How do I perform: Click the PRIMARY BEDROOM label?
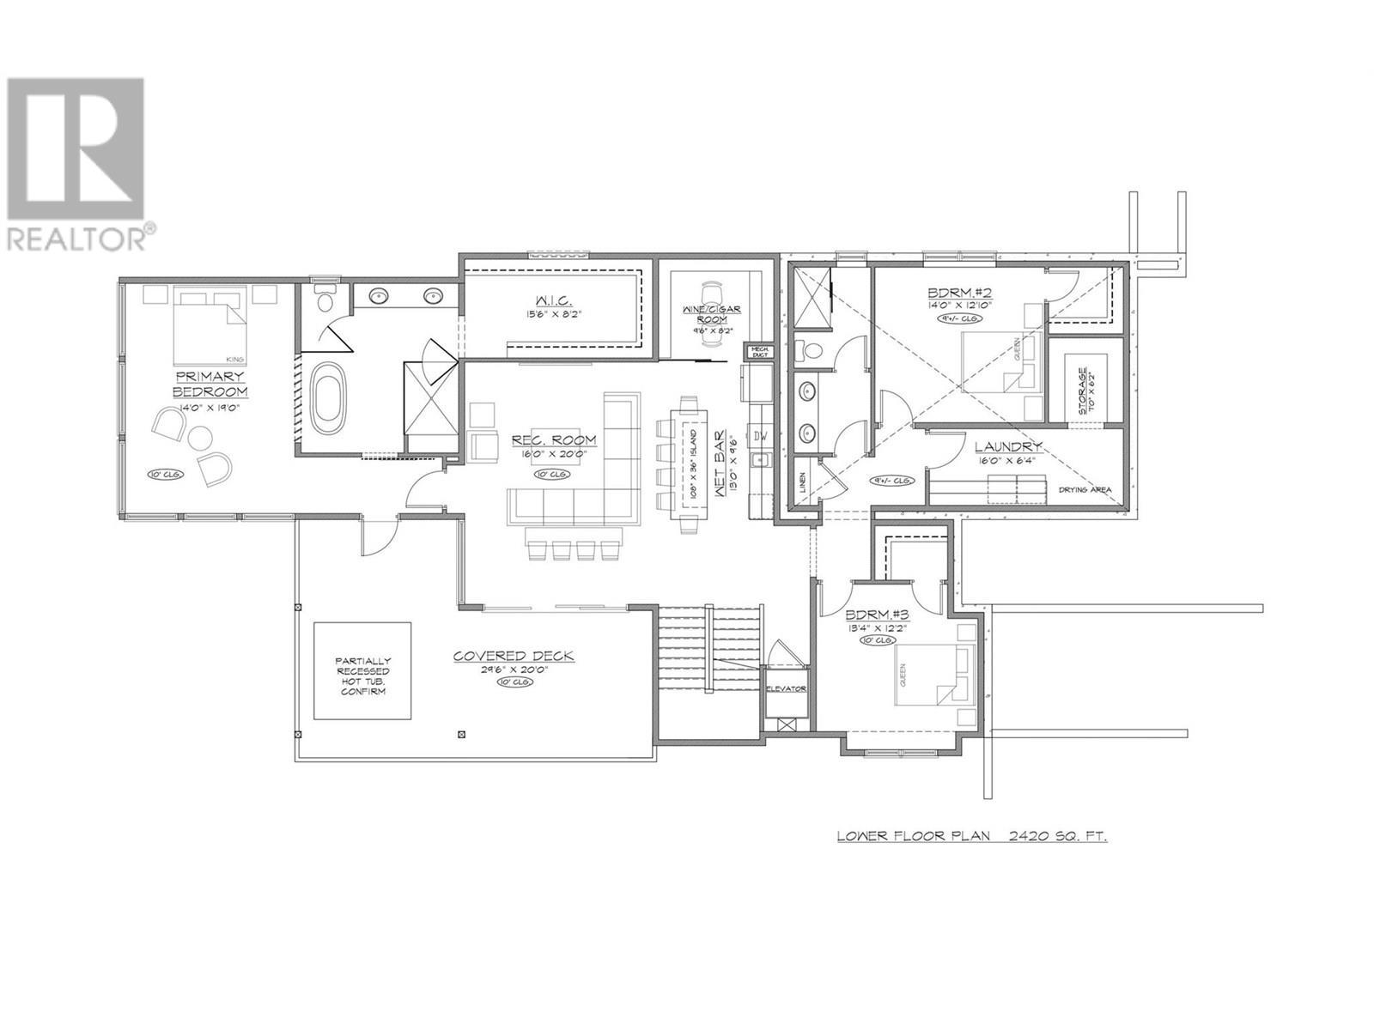(x=210, y=384)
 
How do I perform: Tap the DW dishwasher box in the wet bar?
(x=760, y=436)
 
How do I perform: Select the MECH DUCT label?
(x=760, y=351)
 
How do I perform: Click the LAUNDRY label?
(x=1008, y=447)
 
